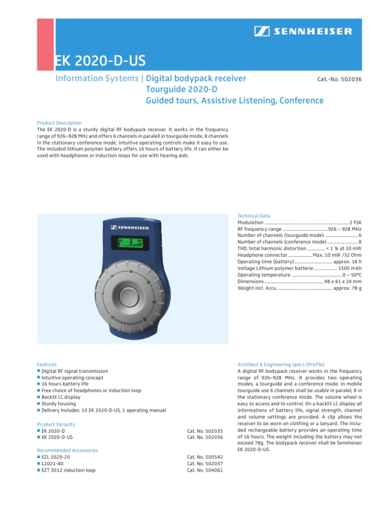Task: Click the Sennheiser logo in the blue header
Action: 303,31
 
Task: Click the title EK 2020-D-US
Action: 100,61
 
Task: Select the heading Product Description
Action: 59,123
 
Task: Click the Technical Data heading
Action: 254,216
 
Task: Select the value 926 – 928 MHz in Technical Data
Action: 345,229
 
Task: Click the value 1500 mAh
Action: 349,268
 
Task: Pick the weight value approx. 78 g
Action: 347,289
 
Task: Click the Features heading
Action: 47,365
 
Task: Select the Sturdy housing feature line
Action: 59,403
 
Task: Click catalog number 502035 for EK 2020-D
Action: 205,431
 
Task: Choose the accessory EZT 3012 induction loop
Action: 69,470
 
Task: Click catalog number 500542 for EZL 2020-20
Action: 205,458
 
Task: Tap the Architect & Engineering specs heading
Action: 280,365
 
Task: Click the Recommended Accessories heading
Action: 68,450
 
